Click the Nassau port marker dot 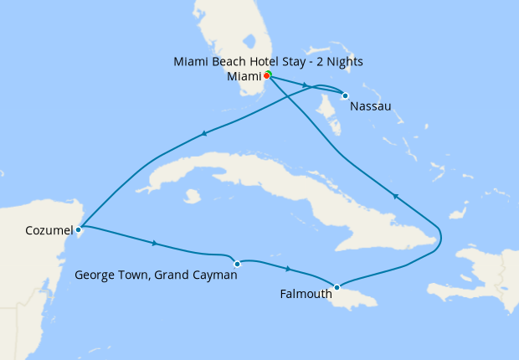click(x=345, y=95)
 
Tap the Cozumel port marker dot click(x=78, y=228)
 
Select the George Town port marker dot click(x=237, y=264)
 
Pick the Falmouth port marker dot click(x=337, y=288)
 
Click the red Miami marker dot click(x=266, y=75)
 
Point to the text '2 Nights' click(x=340, y=62)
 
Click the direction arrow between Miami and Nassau click(x=305, y=85)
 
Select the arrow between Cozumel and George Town click(x=155, y=244)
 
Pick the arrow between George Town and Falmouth click(x=289, y=269)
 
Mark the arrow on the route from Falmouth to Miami click(x=394, y=197)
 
